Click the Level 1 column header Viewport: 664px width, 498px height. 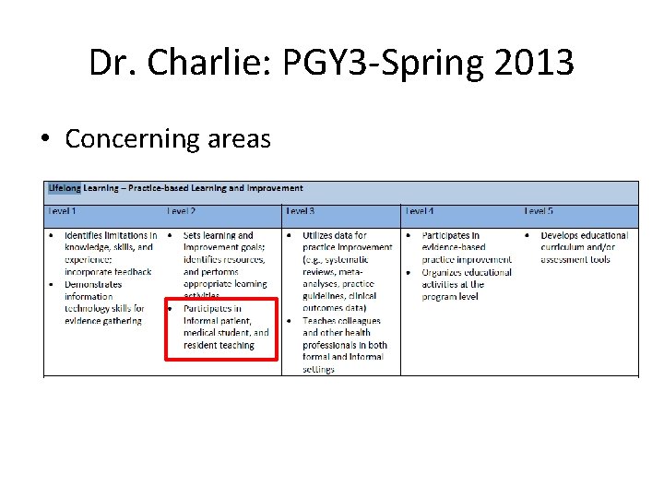click(63, 211)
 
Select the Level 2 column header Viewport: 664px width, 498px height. click(182, 211)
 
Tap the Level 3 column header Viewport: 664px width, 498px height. click(301, 211)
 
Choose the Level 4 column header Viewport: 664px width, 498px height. click(420, 211)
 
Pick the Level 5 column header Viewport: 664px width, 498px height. click(539, 211)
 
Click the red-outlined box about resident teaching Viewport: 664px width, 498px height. click(221, 328)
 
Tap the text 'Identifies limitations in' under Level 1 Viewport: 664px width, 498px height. click(111, 236)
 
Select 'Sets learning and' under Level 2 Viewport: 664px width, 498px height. click(219, 236)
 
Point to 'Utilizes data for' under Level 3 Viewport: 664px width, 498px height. click(335, 236)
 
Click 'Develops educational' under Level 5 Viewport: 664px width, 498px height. click(585, 236)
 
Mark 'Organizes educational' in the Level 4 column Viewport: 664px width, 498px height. click(467, 272)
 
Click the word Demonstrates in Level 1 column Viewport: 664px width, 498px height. click(93, 284)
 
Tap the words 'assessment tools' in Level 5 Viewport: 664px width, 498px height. click(575, 260)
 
